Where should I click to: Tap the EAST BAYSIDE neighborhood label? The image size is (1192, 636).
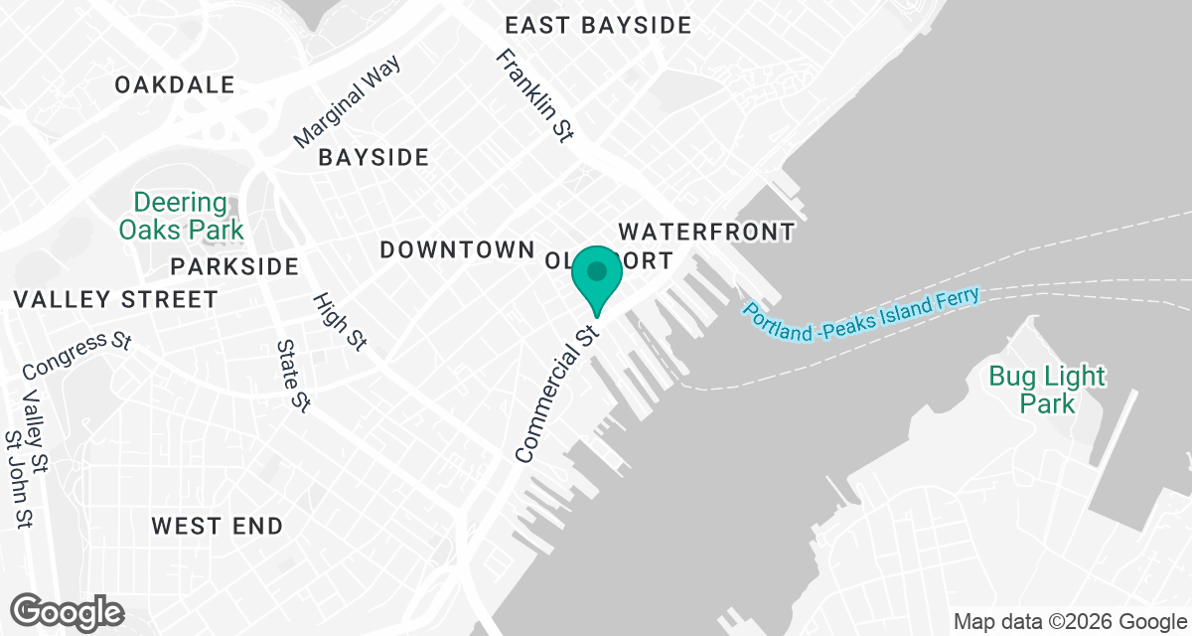[x=597, y=26]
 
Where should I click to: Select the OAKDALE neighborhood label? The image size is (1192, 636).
[x=174, y=85]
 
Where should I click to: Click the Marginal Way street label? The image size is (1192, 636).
[x=348, y=103]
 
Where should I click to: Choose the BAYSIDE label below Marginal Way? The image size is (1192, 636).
[x=373, y=157]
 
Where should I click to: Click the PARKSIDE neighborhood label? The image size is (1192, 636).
[x=234, y=266]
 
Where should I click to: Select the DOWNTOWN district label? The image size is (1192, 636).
[x=458, y=249]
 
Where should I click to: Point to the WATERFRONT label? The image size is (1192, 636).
[x=706, y=233]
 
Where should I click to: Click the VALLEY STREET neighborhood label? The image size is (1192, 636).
[x=116, y=299]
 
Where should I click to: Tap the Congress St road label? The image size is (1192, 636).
[x=76, y=355]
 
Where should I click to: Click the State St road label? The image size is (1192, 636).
[x=295, y=376]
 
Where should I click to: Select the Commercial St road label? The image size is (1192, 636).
[x=554, y=390]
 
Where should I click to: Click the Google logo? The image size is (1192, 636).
[x=67, y=611]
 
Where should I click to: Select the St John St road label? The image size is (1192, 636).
[x=19, y=478]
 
